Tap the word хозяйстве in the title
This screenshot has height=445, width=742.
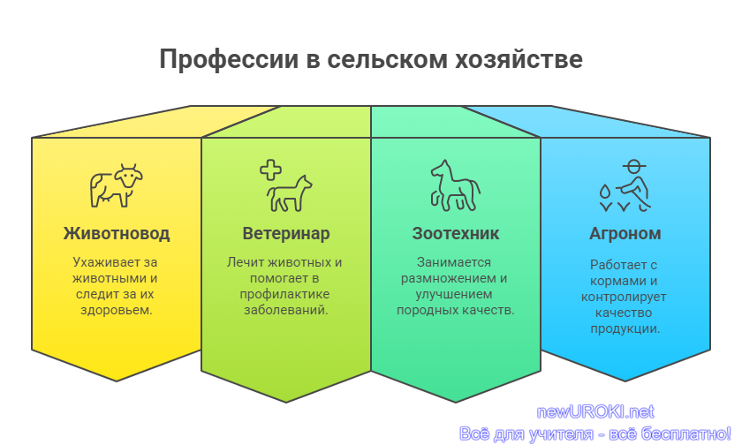[x=519, y=59]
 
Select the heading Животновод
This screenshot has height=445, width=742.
[x=117, y=234]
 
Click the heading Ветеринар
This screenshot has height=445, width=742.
[x=286, y=234]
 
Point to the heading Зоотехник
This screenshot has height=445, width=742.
[x=455, y=234]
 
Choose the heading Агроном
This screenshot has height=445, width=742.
[x=625, y=234]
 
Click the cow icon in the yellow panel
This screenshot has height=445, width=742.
[x=117, y=185]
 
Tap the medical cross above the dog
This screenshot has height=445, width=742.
[x=270, y=170]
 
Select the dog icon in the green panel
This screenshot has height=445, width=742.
[x=289, y=193]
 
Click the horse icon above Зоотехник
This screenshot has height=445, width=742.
[x=455, y=185]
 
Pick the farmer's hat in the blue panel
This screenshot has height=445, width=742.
[x=634, y=166]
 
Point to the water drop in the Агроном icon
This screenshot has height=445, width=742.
[x=605, y=191]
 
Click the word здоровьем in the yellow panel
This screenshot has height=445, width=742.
[x=117, y=310]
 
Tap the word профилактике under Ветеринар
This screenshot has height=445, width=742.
[x=284, y=294]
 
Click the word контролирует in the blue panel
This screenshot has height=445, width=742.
[x=624, y=297]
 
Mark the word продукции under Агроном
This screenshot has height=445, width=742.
[x=625, y=328]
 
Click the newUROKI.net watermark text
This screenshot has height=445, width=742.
[x=595, y=412]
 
